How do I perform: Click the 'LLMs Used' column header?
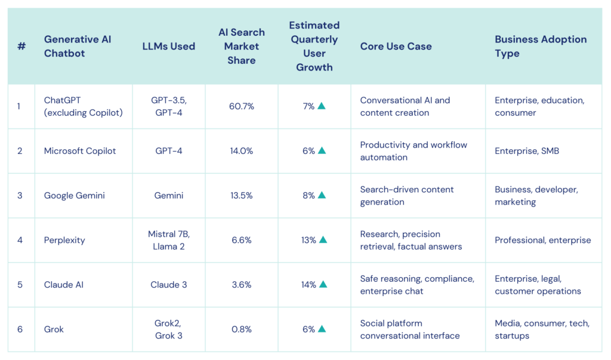[x=168, y=46]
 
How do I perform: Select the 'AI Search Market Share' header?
[x=241, y=46]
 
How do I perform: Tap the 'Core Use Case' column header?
[x=396, y=46]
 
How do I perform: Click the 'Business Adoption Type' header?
[x=540, y=46]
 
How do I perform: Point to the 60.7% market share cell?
[x=241, y=106]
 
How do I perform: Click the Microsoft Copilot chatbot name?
[x=80, y=151]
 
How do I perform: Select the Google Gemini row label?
[x=74, y=195]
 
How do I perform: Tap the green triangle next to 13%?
[x=323, y=239]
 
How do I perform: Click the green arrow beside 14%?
[x=323, y=284]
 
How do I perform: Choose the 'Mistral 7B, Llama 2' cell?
[x=168, y=240]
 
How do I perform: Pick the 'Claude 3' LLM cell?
[x=168, y=285]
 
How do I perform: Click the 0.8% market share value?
[x=241, y=329]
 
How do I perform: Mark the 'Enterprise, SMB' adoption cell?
[x=526, y=151]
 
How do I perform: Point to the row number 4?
[x=20, y=240]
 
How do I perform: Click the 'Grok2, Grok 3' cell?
[x=168, y=329]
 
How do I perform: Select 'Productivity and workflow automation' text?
[x=413, y=151]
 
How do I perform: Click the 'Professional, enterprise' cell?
[x=542, y=240]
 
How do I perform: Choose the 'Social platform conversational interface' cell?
[x=409, y=329]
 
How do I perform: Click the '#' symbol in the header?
[x=21, y=46]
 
